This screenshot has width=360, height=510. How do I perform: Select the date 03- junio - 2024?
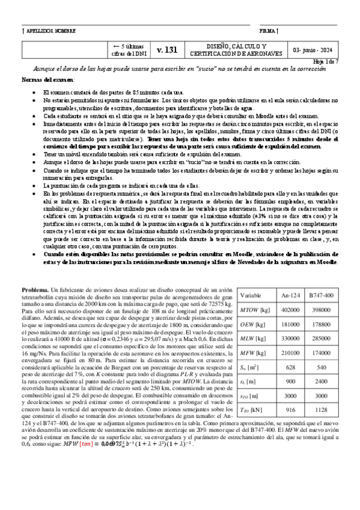click(x=314, y=51)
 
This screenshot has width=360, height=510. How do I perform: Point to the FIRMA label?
click(x=269, y=30)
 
